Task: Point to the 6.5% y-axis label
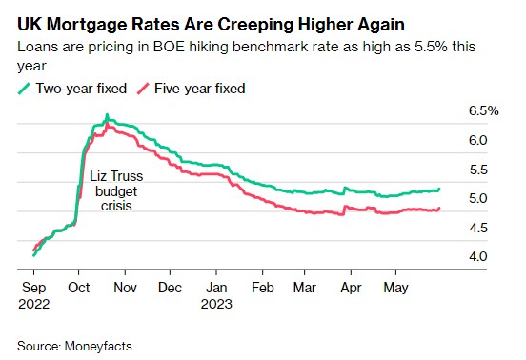coord(483,111)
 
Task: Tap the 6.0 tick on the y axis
coord(478,140)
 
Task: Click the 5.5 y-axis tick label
coord(478,170)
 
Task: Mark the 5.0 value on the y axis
coord(478,198)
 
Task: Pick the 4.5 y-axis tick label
coord(478,227)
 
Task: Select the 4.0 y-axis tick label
coord(478,256)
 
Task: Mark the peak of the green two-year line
coord(107,116)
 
